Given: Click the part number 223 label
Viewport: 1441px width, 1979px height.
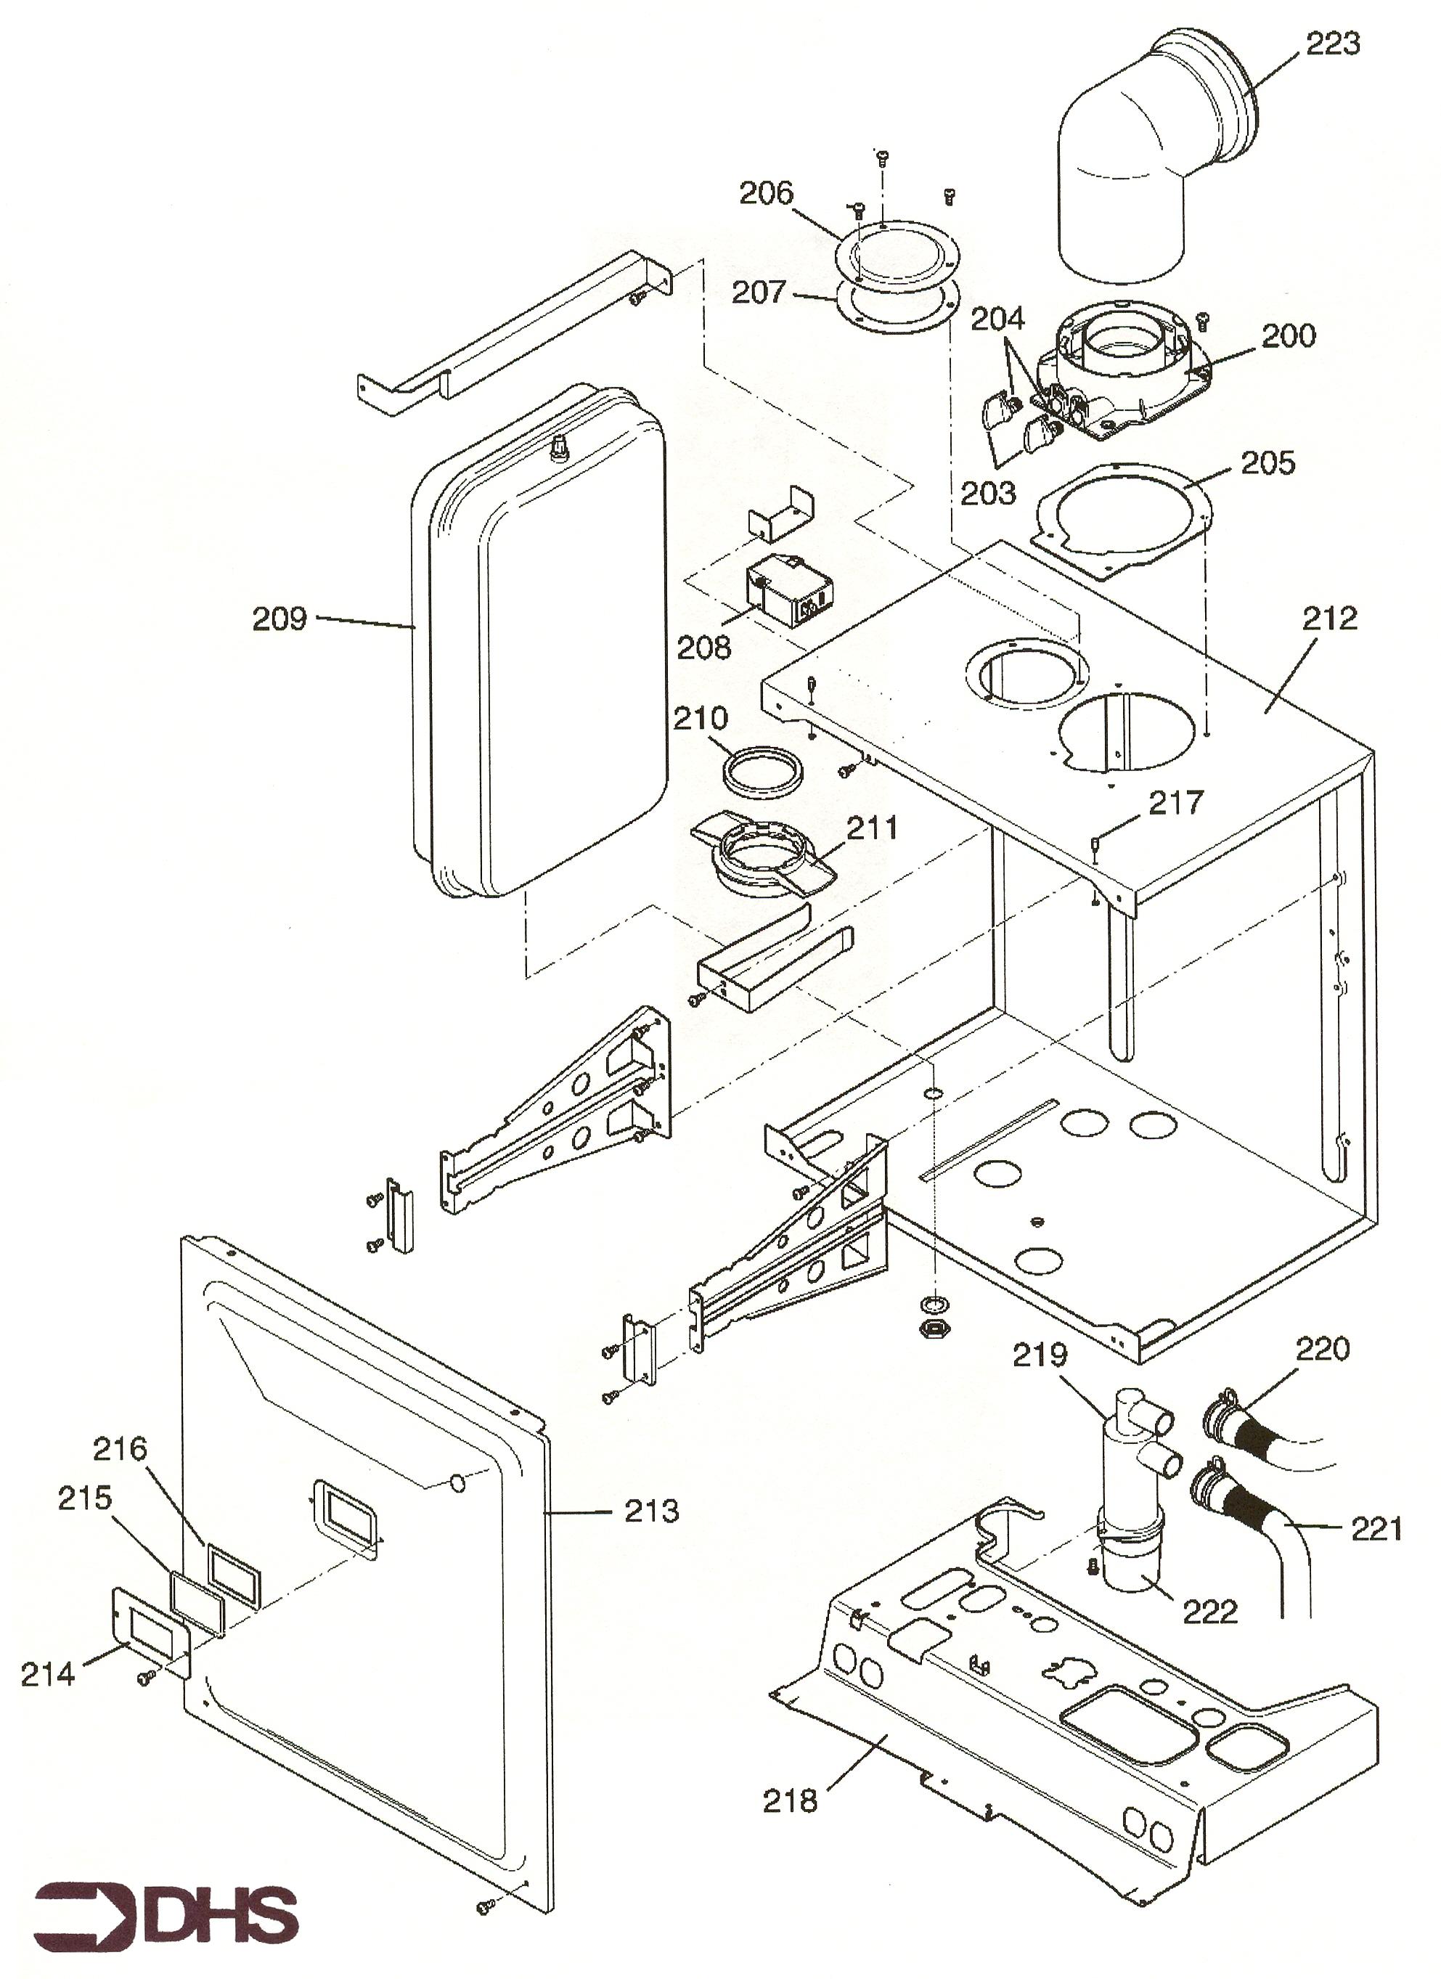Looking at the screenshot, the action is pos(1332,44).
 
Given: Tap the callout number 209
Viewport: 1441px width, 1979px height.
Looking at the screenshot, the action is pos(279,619).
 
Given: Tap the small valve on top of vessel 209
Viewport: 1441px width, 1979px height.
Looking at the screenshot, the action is pos(556,450).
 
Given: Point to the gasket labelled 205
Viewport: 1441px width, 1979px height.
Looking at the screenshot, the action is pos(1122,519).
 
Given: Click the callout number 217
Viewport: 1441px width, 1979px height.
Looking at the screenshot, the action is pos(1176,802).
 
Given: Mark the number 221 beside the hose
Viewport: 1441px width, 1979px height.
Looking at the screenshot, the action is pos(1376,1528).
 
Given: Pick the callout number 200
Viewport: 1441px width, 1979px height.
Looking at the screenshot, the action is pos(1289,335).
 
